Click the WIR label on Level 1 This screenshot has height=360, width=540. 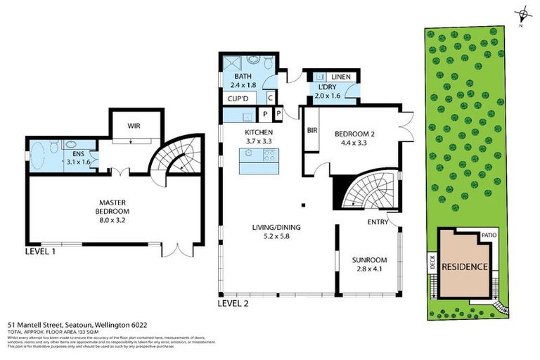point(136,127)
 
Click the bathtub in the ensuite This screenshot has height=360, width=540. point(44,156)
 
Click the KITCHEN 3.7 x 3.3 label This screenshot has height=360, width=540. point(258,136)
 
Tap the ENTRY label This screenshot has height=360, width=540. point(378,222)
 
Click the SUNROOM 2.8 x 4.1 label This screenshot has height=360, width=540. point(369,264)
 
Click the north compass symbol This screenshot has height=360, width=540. point(521,13)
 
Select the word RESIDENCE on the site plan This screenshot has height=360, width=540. point(464,266)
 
